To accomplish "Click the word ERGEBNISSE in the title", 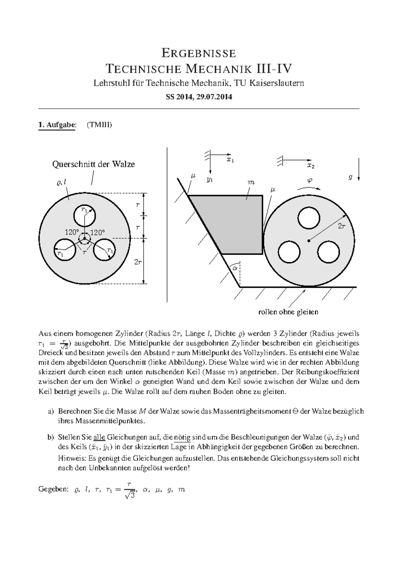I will [x=198, y=53].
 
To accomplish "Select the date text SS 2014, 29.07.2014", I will [x=199, y=97].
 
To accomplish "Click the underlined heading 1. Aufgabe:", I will [x=57, y=125].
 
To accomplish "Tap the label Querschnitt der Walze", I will [x=94, y=164].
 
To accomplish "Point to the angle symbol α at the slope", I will [x=235, y=268].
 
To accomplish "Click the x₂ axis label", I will [x=311, y=166].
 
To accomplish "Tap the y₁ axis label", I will [x=210, y=179].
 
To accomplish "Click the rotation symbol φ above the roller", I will [x=309, y=180].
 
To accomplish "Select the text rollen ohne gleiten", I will [x=288, y=312].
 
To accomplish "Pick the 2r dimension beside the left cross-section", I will [x=138, y=262].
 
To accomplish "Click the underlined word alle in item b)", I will [x=99, y=437].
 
